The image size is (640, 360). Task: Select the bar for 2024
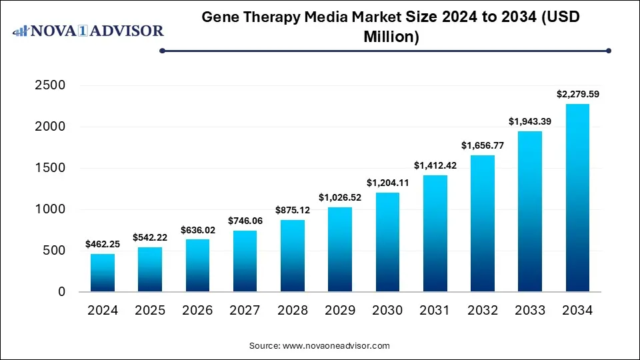pos(102,273)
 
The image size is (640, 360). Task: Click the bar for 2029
pos(340,249)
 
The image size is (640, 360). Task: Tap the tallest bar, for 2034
pos(577,198)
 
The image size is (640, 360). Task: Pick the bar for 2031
pos(435,233)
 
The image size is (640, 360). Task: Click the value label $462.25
pos(102,245)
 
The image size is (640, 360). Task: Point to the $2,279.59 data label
pos(577,95)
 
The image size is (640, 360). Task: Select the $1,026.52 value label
pos(340,198)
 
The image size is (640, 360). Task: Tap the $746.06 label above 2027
pos(245,221)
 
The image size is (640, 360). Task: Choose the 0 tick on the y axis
pos(61,292)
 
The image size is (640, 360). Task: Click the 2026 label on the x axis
pos(197,311)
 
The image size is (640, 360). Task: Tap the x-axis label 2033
pos(530,311)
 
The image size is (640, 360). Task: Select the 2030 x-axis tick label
pos(387,311)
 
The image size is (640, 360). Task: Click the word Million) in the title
pos(391,37)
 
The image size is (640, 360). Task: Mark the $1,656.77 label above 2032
pos(483,146)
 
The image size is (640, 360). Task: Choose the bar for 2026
pos(197,265)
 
